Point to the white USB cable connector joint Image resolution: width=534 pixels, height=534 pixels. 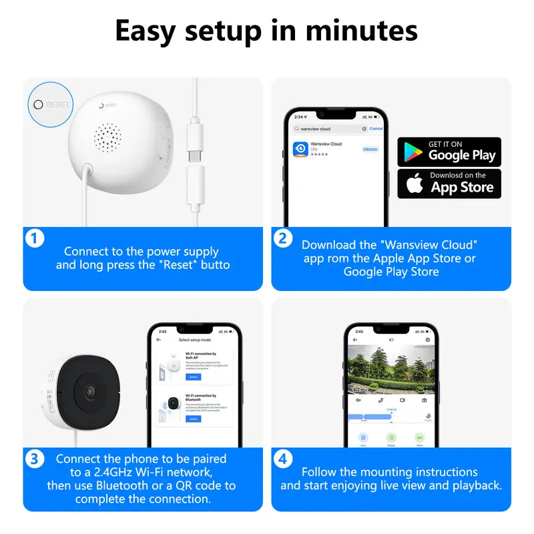tap(195, 164)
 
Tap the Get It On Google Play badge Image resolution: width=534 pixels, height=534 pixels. tap(449, 152)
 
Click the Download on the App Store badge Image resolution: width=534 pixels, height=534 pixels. tap(449, 183)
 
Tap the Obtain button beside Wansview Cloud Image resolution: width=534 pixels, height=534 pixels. tap(370, 150)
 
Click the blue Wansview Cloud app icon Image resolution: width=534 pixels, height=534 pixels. tap(300, 149)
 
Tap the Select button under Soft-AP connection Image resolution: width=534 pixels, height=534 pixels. tap(193, 377)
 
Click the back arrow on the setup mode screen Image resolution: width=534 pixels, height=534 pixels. tap(159, 340)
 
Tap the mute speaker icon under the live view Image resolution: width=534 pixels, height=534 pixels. tap(358, 400)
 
